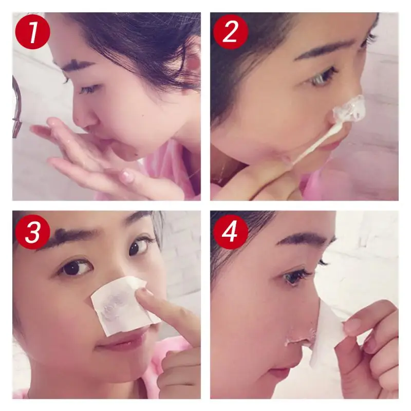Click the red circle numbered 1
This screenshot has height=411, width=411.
[32, 32]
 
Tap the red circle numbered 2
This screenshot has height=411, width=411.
[230, 32]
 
